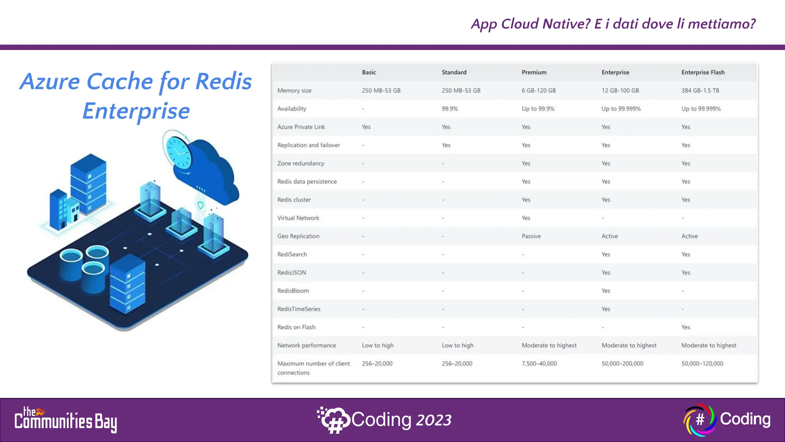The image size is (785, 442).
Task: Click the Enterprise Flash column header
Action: pos(703,72)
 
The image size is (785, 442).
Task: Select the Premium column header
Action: pos(534,72)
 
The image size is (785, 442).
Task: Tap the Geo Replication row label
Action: pos(298,236)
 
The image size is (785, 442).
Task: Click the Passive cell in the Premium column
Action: pos(531,236)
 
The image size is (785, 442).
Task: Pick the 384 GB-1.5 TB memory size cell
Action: pos(700,91)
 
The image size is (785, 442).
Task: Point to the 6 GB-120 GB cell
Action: pos(538,91)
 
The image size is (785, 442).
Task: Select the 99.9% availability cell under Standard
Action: pos(450,109)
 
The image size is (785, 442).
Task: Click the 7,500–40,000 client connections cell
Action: pos(539,363)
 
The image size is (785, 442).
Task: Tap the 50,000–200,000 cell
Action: pos(622,363)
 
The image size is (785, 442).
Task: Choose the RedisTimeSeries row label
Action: pos(299,309)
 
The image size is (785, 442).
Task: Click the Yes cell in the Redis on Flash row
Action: pos(685,327)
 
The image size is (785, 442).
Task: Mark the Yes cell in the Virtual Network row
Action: pos(526,218)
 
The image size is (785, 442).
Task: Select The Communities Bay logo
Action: pos(66,420)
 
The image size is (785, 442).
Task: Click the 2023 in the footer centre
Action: pos(434,420)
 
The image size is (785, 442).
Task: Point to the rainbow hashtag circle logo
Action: pos(700,419)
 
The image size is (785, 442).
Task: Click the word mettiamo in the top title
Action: pos(721,24)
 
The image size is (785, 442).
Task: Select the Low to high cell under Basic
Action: pos(378,345)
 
